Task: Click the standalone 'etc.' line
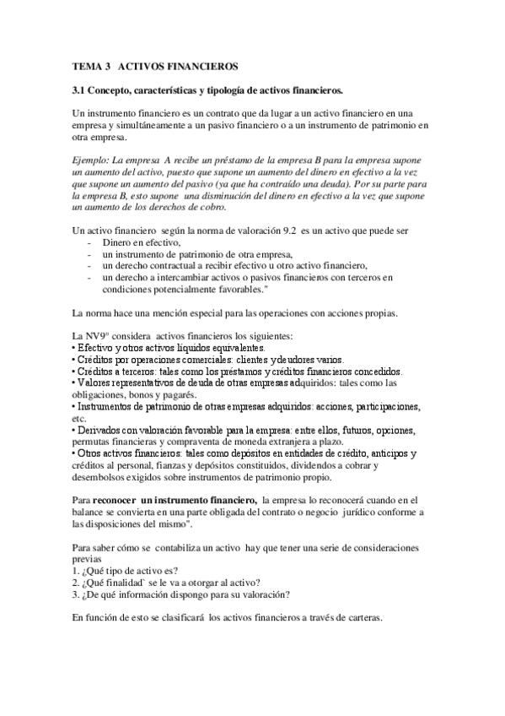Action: point(80,418)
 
